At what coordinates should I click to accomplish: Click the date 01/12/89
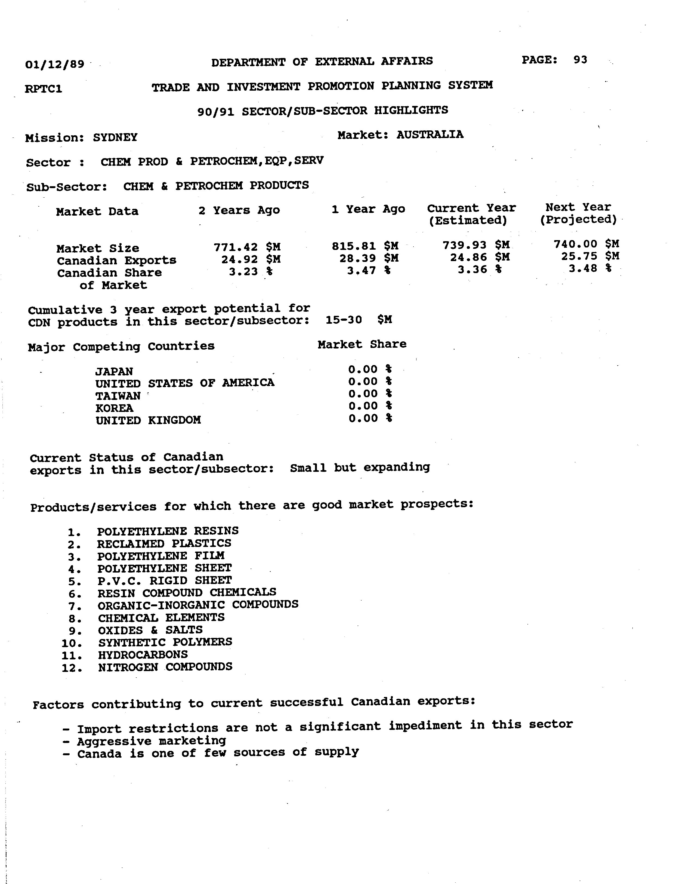point(54,64)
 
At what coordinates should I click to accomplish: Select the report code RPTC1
point(43,88)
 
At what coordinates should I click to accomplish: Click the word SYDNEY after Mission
point(115,137)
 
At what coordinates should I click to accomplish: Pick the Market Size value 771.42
point(236,247)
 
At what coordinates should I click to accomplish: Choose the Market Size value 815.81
point(354,246)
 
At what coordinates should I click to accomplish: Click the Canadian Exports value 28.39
point(357,258)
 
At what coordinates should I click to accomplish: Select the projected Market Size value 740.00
point(575,244)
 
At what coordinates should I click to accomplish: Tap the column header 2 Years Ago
point(239,210)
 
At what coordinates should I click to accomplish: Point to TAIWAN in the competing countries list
point(118,396)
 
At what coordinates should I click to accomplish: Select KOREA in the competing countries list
point(114,408)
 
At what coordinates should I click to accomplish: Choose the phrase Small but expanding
point(360,467)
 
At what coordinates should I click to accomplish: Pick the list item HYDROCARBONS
point(143,655)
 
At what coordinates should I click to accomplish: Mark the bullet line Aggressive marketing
point(152,741)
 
